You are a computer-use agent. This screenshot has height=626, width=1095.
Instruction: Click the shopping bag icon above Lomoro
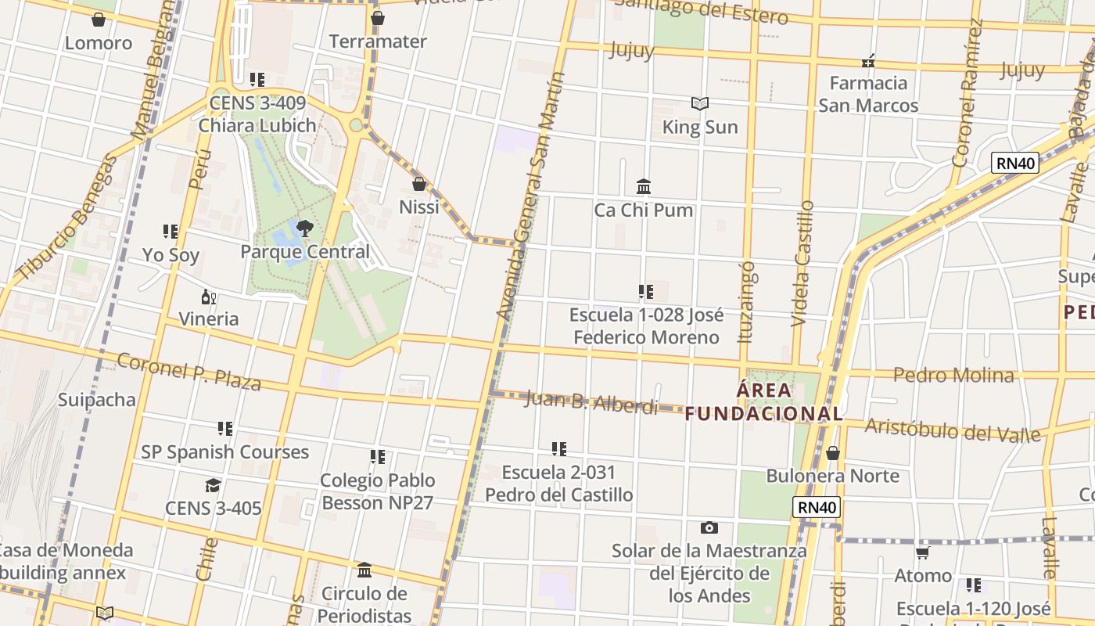pos(99,20)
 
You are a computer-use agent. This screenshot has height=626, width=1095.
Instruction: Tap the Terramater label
pos(378,41)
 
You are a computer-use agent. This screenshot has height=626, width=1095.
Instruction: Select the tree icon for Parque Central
pos(304,228)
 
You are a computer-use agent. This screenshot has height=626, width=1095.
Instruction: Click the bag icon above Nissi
pos(419,185)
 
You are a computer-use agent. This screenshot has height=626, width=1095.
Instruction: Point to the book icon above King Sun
pos(699,103)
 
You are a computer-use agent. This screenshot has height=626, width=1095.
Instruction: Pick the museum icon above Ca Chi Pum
pos(644,186)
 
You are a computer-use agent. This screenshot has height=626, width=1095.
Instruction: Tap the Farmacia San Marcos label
pos(868,94)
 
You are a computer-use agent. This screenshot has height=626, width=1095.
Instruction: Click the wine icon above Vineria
pos(208,297)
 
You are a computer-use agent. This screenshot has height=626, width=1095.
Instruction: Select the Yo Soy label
pos(171,255)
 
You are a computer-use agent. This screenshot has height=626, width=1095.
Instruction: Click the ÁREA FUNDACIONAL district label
pos(764,401)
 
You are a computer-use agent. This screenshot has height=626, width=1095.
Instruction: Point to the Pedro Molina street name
pos(953,375)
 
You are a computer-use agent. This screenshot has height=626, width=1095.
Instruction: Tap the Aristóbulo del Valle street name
pos(953,430)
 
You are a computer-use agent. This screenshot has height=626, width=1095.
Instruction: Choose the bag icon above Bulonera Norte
pos(833,453)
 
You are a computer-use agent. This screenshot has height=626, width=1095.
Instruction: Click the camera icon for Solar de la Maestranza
pos(709,527)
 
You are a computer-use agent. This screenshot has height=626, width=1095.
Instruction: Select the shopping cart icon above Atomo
pos(923,553)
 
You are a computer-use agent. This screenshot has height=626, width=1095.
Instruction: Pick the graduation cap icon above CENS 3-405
pos(213,486)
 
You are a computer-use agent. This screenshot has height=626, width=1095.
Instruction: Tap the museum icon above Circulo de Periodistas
pos(364,570)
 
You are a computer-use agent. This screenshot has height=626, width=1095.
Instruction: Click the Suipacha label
pos(97,400)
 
